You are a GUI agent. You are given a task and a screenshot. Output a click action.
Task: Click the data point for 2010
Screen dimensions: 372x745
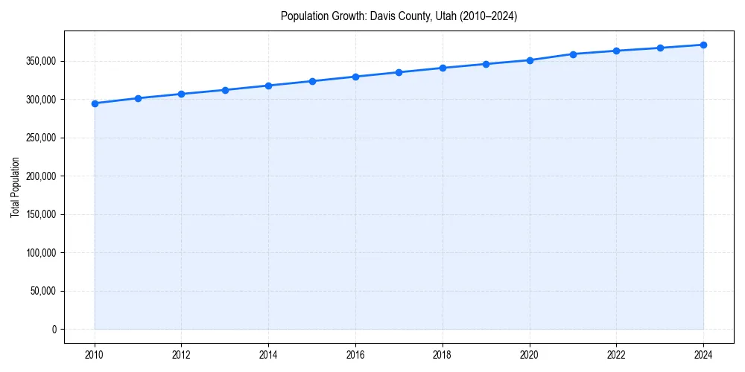95,103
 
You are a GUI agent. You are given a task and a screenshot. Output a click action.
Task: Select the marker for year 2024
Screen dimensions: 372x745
703,45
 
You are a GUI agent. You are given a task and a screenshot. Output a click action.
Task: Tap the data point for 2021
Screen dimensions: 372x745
573,54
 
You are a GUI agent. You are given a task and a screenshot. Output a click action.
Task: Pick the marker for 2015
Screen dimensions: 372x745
312,81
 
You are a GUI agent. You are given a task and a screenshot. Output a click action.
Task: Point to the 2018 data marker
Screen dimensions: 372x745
443,68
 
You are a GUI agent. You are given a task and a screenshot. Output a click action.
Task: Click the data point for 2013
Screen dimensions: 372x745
225,90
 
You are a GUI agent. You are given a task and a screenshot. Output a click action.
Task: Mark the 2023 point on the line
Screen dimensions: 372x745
660,48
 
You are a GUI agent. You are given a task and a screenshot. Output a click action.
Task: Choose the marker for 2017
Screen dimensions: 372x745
399,72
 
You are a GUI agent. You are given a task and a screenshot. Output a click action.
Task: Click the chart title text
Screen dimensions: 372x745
399,16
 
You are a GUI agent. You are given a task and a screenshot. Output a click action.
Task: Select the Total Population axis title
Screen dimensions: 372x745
15,187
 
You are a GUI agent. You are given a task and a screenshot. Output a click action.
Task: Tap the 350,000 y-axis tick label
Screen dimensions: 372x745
40,61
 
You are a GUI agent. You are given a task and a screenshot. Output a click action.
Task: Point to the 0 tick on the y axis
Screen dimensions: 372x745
53,330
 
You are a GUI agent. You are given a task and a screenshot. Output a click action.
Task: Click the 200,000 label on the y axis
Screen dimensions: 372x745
40,176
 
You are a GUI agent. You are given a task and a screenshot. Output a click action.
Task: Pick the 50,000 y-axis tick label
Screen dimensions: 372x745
42,291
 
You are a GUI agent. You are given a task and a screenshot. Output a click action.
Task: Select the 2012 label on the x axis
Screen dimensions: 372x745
181,355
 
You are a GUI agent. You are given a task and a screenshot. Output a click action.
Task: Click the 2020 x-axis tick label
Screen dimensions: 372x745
530,355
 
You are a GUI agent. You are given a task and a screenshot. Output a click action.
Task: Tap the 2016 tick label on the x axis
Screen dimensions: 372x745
355,355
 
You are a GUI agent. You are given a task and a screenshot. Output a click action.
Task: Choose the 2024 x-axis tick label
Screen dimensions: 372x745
703,355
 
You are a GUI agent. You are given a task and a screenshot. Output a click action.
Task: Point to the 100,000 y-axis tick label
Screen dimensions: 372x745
40,253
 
